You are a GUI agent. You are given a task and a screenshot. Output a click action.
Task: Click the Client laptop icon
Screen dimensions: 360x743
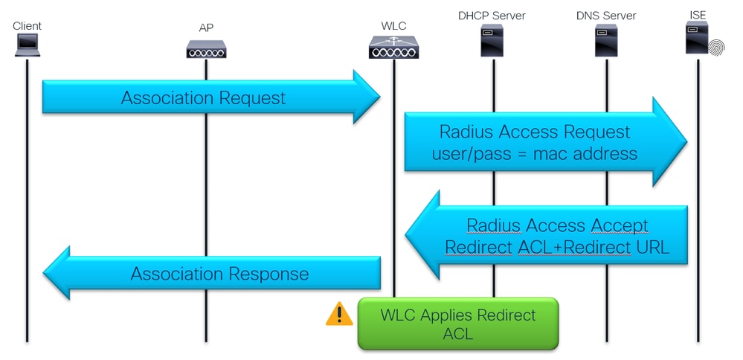[x=28, y=46]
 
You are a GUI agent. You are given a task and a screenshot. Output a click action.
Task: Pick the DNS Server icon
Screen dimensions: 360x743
[x=606, y=41]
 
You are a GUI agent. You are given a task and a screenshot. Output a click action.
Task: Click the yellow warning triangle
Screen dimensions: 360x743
[x=339, y=314]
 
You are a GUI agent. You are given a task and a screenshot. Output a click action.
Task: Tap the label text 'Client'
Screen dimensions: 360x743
[x=28, y=26]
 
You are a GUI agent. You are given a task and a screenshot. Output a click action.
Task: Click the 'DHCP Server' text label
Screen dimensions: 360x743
[x=492, y=15]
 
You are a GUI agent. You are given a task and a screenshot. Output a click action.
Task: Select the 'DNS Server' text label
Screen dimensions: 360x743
[x=606, y=15]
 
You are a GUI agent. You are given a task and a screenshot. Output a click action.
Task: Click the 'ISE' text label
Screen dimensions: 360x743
[x=698, y=15]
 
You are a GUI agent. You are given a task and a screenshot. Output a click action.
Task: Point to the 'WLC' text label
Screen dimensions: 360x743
[x=393, y=26]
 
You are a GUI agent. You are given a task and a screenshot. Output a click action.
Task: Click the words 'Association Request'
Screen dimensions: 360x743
[x=203, y=97]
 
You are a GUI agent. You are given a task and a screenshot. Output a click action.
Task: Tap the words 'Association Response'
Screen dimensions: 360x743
[x=219, y=274]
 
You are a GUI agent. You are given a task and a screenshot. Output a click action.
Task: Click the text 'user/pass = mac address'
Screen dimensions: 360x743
[x=534, y=154]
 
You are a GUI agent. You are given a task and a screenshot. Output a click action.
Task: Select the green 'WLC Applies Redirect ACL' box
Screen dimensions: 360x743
[x=457, y=324]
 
